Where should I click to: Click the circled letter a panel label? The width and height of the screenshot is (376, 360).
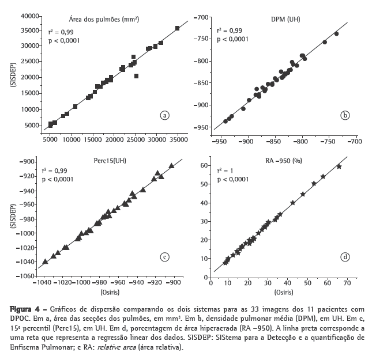[165, 115]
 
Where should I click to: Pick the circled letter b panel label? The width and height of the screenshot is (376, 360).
[345, 115]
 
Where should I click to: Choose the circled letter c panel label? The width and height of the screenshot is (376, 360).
[165, 257]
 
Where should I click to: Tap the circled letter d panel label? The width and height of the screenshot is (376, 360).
[345, 257]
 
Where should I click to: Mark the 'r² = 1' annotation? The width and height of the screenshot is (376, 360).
[225, 171]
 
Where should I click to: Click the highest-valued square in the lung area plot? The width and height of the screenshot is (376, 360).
[177, 28]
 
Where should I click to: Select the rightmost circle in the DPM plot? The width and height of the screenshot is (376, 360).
[336, 34]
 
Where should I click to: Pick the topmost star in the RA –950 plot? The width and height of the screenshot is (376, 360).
[339, 166]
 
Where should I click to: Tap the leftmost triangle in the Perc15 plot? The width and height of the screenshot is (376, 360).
[45, 262]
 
